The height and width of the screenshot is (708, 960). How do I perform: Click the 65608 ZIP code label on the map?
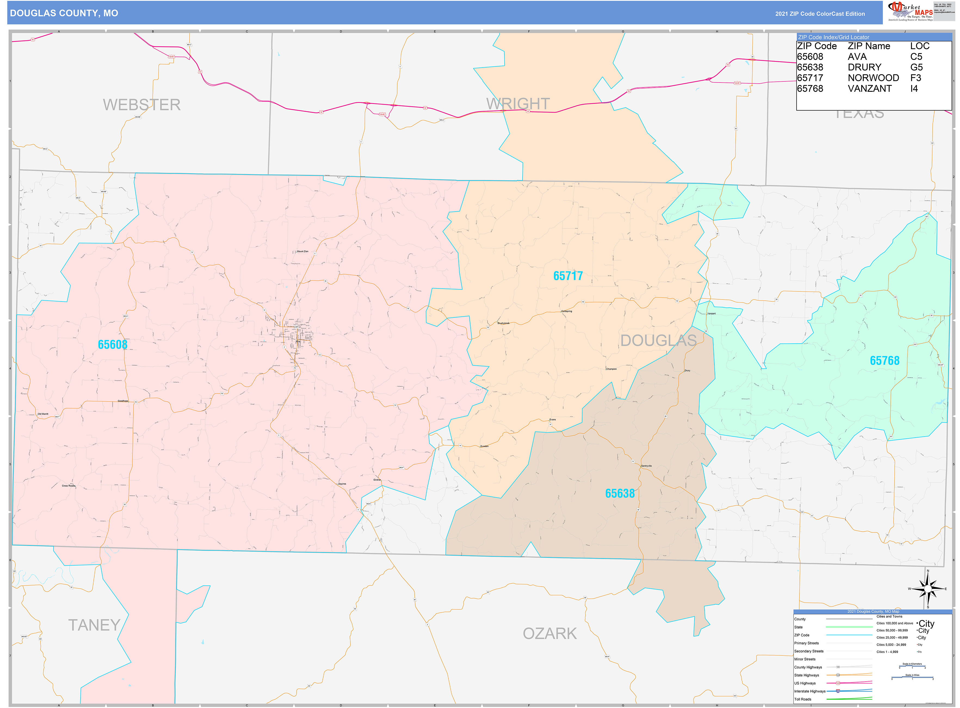(113, 344)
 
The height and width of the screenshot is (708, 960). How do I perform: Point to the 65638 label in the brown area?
(620, 494)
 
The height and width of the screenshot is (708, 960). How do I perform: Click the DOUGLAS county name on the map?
(658, 341)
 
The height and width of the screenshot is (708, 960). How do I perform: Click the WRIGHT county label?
(518, 104)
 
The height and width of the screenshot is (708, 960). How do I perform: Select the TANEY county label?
(94, 625)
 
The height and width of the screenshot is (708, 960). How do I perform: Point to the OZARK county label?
(550, 633)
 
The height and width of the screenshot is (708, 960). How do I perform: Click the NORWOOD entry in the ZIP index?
(873, 78)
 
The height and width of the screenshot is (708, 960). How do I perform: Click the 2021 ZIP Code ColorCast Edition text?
(820, 14)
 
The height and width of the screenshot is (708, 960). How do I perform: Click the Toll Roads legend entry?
(803, 699)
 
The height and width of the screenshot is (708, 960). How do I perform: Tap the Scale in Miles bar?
(912, 678)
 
